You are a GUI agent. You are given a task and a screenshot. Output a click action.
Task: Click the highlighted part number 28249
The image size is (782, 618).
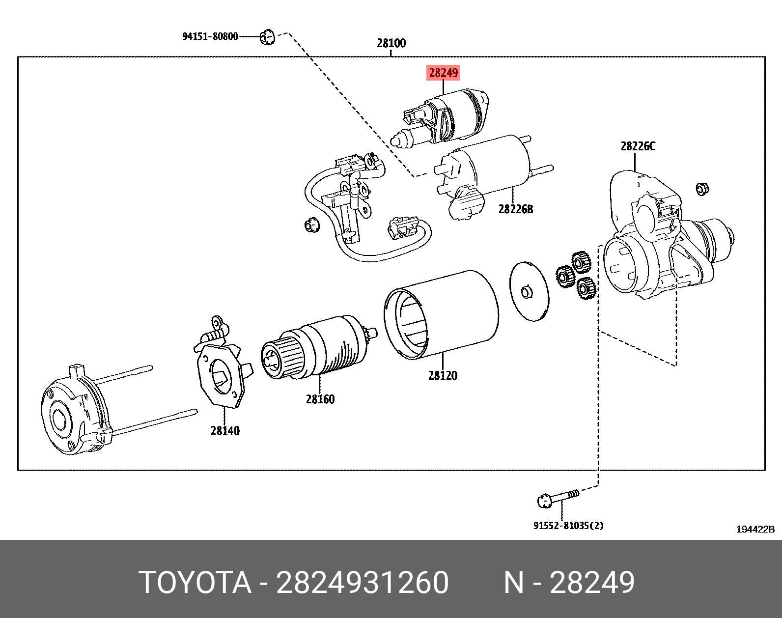(443, 73)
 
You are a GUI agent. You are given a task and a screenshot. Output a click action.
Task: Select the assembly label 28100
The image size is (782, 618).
(391, 43)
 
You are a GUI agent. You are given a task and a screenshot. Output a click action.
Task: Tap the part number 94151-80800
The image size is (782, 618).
(210, 36)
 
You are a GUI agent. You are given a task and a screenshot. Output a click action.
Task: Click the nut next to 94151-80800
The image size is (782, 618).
(267, 37)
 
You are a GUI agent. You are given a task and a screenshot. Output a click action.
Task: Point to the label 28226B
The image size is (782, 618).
(515, 209)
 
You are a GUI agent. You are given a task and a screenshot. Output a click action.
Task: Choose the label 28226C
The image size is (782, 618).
(638, 146)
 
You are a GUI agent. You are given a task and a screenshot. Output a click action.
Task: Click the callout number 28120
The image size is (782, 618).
(442, 375)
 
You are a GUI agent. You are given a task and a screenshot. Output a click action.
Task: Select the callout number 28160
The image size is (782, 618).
(320, 399)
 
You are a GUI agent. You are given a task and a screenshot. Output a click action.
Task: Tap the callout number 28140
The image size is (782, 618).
(225, 430)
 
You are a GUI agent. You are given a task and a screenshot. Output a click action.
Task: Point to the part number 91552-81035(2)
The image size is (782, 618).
(568, 526)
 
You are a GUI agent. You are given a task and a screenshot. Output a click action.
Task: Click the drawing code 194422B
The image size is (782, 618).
(755, 529)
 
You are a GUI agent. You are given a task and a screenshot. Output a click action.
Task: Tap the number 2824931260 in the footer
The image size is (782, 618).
(363, 583)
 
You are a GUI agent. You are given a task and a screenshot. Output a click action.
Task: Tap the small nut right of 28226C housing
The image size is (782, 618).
(702, 189)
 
